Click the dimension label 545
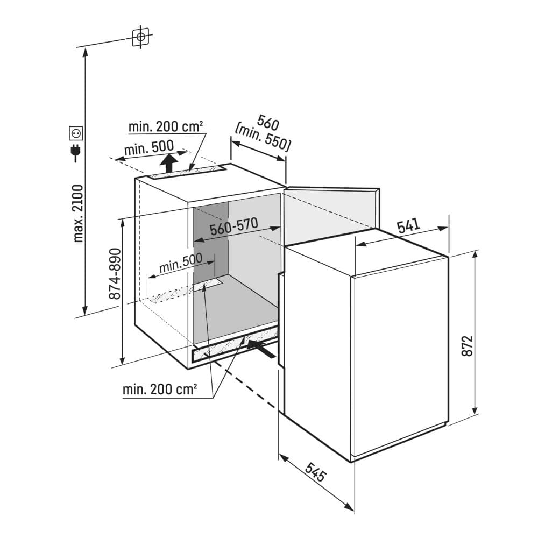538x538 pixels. (315, 472)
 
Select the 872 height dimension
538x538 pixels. (467, 345)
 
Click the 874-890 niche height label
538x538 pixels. (115, 273)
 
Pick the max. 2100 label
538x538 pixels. (78, 214)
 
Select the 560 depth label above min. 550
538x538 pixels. (268, 123)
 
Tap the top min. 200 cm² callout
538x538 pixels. (166, 127)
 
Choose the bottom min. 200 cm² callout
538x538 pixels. (160, 390)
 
